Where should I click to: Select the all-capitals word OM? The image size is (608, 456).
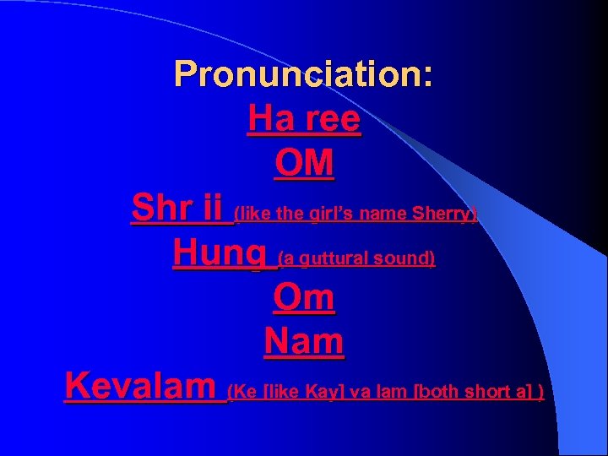point(304,164)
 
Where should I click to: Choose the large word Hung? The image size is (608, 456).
point(222,252)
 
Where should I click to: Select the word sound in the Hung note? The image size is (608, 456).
point(405,258)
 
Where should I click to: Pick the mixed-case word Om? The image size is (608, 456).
point(304,297)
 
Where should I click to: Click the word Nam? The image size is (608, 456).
point(304,342)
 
